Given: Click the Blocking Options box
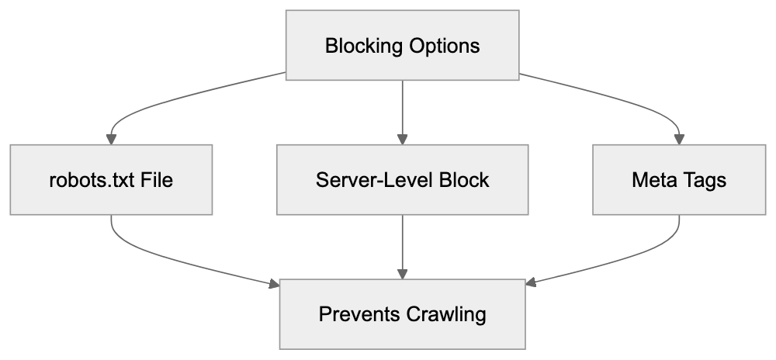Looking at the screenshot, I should (x=402, y=46).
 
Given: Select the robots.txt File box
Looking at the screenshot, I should (x=112, y=180).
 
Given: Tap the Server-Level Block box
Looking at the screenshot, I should (x=402, y=180).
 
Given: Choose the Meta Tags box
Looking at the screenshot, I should (x=679, y=180).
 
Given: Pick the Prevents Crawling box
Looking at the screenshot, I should (x=402, y=314).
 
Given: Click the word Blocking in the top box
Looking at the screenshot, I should (x=359, y=46).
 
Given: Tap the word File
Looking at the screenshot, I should (x=155, y=180).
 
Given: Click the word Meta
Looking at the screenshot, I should (x=653, y=180).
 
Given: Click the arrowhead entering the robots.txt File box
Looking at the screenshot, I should (x=112, y=139).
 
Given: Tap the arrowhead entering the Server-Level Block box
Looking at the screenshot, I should (x=402, y=139).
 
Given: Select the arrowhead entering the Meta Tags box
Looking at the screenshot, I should (x=680, y=139).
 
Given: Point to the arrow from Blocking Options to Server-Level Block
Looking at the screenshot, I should (x=402, y=109).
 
